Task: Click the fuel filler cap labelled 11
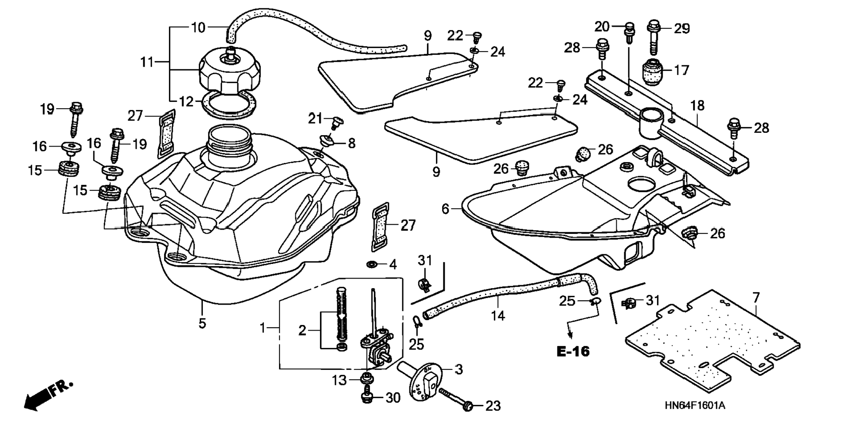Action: click(229, 72)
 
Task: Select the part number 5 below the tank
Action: click(202, 323)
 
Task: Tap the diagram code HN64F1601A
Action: click(695, 406)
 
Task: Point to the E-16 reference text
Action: click(573, 351)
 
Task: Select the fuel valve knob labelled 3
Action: click(420, 381)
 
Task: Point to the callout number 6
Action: click(445, 209)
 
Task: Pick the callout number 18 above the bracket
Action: click(697, 106)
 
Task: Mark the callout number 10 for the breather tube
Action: click(198, 27)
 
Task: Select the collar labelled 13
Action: click(366, 378)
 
